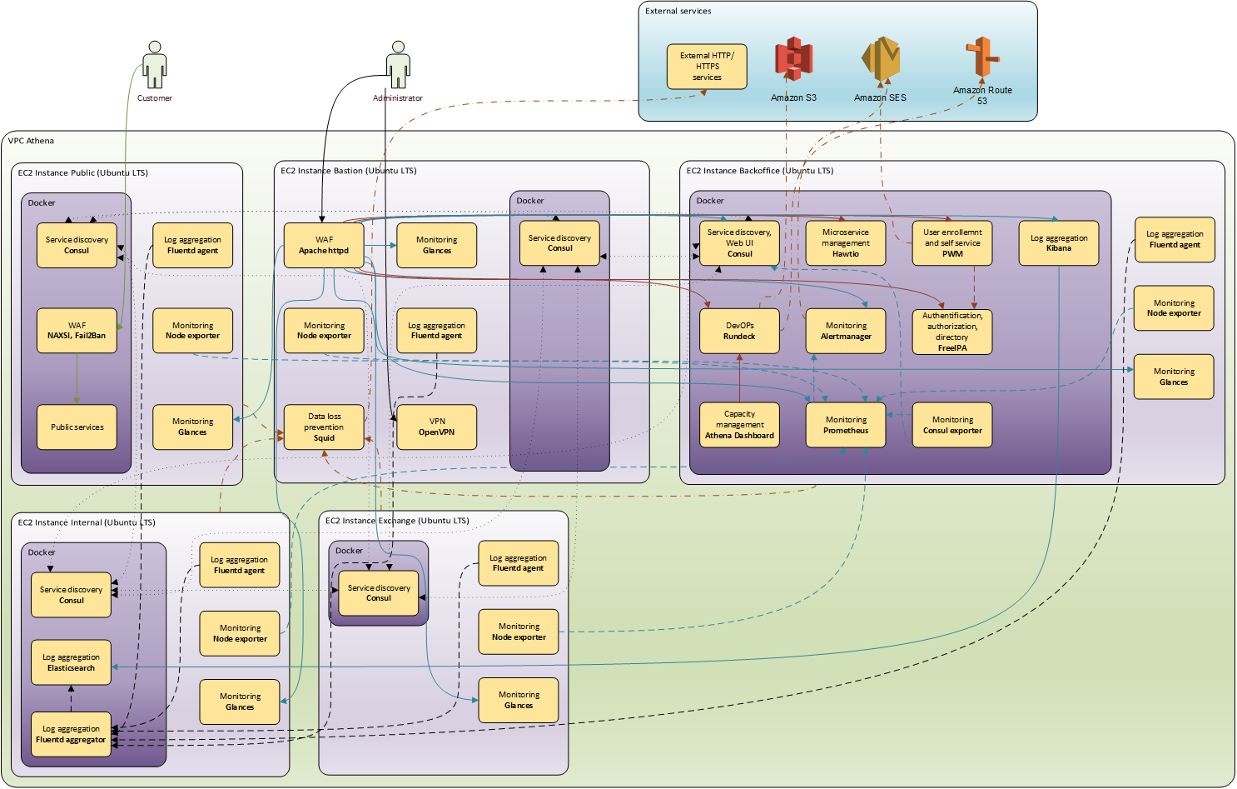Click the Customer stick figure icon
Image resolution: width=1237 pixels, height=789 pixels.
[155, 65]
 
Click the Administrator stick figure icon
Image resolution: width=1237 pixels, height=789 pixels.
[398, 65]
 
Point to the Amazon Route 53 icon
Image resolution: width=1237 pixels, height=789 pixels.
[982, 57]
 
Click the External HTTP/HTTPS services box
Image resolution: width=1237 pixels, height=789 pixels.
[707, 67]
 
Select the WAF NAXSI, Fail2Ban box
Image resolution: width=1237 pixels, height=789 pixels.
[77, 331]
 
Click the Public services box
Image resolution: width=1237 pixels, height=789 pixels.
[77, 427]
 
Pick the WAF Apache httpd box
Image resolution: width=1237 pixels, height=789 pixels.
[324, 245]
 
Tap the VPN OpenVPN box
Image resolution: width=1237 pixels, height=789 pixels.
[437, 427]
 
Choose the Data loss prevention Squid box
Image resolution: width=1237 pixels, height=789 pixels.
[324, 427]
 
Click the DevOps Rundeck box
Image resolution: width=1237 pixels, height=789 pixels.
[739, 331]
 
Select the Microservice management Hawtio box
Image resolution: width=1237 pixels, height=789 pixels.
[846, 242]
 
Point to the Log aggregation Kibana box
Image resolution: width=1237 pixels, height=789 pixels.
[1059, 242]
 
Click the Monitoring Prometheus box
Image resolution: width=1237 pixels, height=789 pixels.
[846, 425]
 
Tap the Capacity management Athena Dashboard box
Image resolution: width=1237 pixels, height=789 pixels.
[739, 425]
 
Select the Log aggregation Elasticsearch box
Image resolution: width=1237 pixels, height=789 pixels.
[71, 662]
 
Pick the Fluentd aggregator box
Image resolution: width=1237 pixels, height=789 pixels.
[71, 734]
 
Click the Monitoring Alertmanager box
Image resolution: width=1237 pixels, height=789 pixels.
[846, 331]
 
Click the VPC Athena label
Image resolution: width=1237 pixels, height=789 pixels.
[31, 141]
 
